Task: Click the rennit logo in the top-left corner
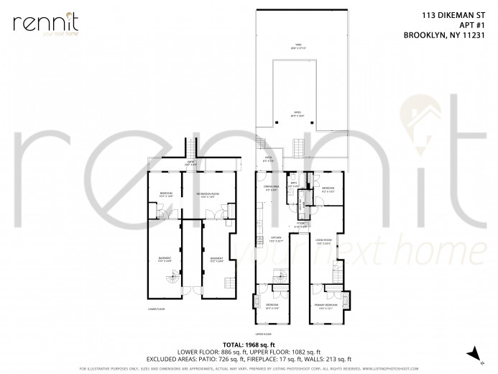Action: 44,24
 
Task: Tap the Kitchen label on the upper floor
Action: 276,239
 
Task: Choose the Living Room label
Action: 323,242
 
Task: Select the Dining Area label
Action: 272,188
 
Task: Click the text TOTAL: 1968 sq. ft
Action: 249,344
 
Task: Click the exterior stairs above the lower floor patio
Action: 191,148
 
